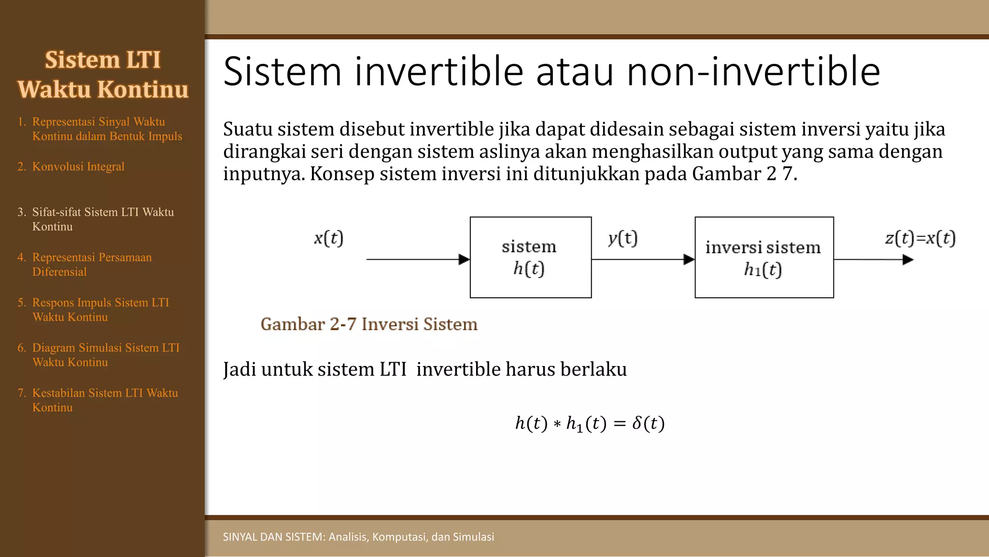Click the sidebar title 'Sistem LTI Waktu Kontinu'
pos(103,74)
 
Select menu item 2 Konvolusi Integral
pos(78,166)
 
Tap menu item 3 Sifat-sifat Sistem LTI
pos(102,219)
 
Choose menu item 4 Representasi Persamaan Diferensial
pos(92,264)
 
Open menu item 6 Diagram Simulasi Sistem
pos(105,354)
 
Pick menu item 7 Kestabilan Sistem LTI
pos(104,399)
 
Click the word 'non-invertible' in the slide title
pos(753,72)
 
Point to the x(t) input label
pos(328,238)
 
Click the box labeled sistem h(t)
pos(530,257)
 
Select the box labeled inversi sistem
pos(764,257)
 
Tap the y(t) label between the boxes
pos(622,238)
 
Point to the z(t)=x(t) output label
pos(920,238)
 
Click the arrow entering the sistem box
pos(418,260)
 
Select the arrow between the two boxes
pos(643,260)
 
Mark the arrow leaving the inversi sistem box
pos(873,260)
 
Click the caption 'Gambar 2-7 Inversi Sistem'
pos(369,324)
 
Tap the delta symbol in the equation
pos(637,423)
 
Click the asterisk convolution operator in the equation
pos(557,425)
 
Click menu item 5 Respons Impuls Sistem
pos(100,309)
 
